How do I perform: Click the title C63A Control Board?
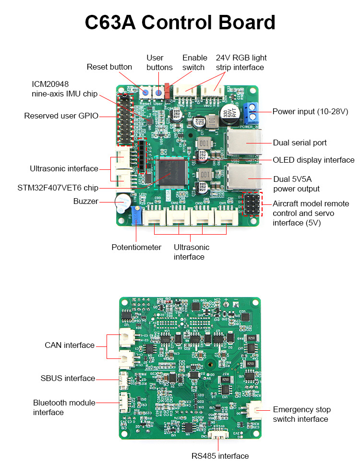pyautogui.click(x=180, y=23)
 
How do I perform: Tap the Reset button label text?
pyautogui.click(x=109, y=67)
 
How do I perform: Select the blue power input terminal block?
pyautogui.click(x=250, y=112)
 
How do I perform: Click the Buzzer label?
pyautogui.click(x=85, y=202)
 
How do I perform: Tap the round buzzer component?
pyautogui.click(x=122, y=202)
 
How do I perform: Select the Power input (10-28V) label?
pyautogui.click(x=310, y=111)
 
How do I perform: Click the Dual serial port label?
pyautogui.click(x=300, y=143)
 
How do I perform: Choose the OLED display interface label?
pyautogui.click(x=313, y=160)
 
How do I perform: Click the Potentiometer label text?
pyautogui.click(x=136, y=248)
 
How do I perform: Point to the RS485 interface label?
pyautogui.click(x=219, y=456)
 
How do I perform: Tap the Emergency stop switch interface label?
pyautogui.click(x=301, y=414)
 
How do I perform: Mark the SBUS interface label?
pyautogui.click(x=68, y=379)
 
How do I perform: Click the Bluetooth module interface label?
pyautogui.click(x=64, y=407)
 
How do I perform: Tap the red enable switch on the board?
pyautogui.click(x=167, y=90)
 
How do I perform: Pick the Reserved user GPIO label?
pyautogui.click(x=61, y=116)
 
